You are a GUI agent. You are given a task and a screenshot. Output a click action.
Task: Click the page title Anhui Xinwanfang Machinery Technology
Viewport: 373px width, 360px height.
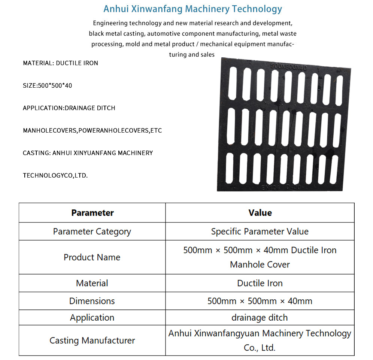tap(192, 9)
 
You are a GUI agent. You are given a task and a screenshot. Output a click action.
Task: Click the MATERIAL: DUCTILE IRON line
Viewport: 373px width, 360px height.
tap(60, 63)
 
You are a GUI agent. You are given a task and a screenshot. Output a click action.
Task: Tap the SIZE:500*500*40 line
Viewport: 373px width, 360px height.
tap(47, 85)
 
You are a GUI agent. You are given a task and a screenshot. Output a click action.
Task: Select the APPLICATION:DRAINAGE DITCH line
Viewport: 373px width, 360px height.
tap(69, 108)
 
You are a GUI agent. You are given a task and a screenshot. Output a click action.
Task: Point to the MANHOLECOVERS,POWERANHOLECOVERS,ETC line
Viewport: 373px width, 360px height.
tap(92, 131)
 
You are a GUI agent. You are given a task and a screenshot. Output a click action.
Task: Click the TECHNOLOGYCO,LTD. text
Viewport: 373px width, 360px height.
tap(55, 175)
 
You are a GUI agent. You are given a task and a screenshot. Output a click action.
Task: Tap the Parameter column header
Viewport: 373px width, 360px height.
tap(92, 213)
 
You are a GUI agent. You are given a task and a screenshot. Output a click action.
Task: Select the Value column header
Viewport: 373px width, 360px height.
tap(260, 213)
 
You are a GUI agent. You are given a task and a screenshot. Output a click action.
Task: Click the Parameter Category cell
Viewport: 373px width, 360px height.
tap(92, 232)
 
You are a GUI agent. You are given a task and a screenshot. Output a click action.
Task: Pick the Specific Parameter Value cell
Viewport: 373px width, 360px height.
tap(260, 232)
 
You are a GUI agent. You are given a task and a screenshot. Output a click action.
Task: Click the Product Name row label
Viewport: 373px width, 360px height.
tap(92, 257)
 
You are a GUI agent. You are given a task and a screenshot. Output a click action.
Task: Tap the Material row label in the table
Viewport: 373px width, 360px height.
tap(92, 283)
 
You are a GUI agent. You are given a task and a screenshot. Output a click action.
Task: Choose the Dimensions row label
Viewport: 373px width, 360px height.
tap(92, 301)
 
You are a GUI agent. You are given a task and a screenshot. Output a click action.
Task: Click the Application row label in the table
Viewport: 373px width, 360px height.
tap(92, 318)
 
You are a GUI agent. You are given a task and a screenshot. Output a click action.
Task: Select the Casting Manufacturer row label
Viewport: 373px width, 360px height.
tap(92, 341)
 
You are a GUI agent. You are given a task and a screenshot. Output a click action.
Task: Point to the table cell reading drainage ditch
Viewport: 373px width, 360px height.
tap(260, 318)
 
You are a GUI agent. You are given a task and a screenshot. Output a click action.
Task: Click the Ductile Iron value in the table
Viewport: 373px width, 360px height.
tap(260, 283)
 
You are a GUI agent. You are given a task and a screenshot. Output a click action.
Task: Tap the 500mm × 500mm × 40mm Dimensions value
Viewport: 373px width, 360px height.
tap(260, 301)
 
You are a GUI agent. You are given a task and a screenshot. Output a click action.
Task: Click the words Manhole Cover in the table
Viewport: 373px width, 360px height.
tap(260, 265)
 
